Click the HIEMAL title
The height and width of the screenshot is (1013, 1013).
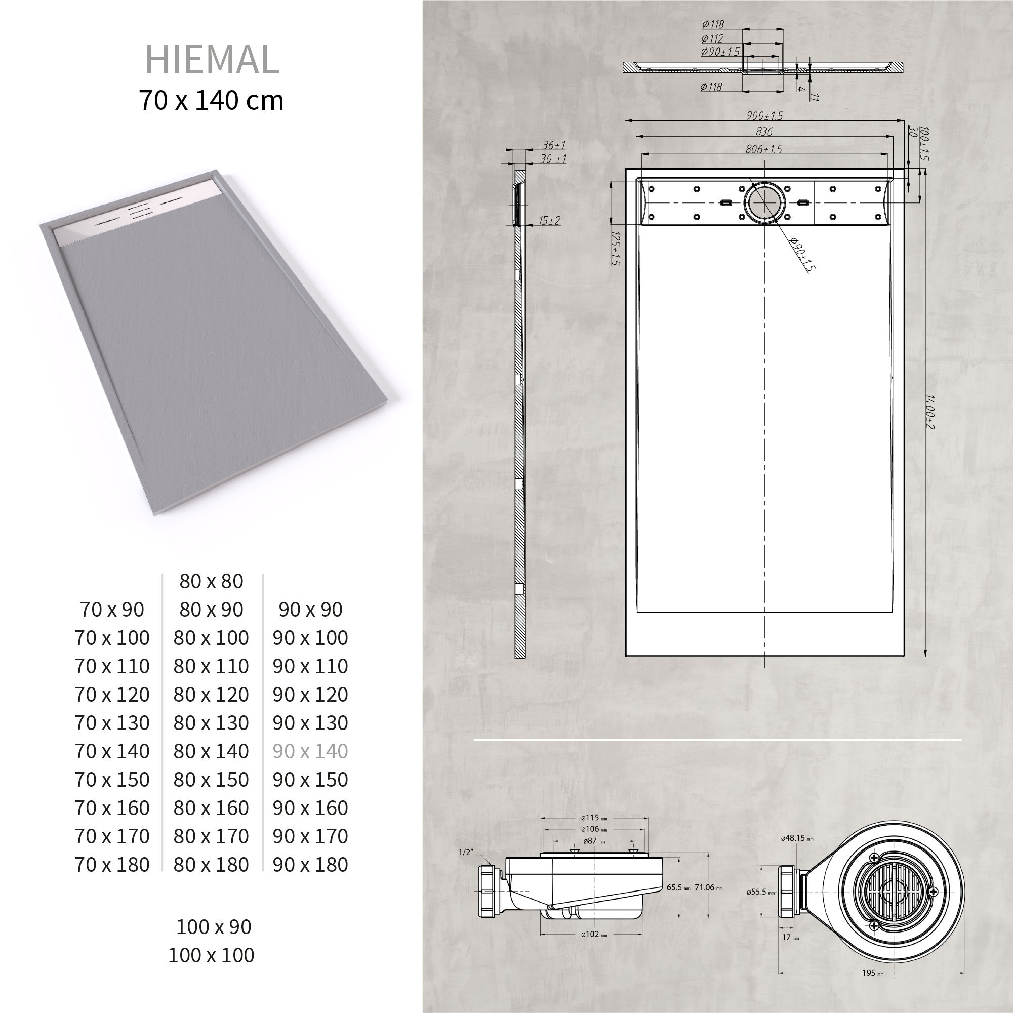coord(212,60)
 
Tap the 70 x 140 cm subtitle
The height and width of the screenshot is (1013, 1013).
coord(211,100)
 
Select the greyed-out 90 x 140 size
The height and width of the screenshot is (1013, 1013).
coord(310,751)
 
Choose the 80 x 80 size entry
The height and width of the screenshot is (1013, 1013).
coord(211,581)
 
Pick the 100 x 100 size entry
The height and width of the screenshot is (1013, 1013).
coord(211,955)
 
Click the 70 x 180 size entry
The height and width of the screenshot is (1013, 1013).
coord(112,865)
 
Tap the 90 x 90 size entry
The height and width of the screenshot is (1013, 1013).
coord(310,610)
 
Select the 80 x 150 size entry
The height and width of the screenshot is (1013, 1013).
coord(211,780)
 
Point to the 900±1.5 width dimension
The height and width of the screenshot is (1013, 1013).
coord(764,116)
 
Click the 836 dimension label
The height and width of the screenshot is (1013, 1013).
coord(764,131)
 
